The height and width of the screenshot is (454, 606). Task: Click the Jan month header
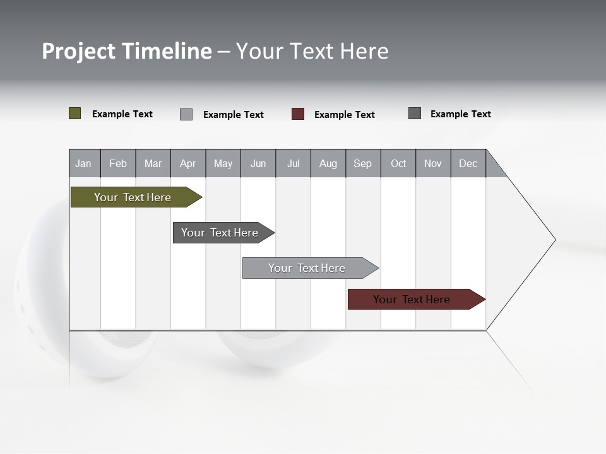click(x=84, y=163)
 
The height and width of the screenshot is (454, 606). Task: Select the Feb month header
click(x=118, y=163)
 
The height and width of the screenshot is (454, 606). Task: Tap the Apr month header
click(x=187, y=163)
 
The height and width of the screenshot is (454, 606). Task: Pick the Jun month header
click(x=258, y=163)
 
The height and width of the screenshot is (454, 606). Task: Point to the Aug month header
click(x=328, y=163)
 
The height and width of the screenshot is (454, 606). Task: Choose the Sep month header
click(x=362, y=163)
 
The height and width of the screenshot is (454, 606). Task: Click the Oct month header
click(x=398, y=163)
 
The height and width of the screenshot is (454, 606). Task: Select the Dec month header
click(x=468, y=163)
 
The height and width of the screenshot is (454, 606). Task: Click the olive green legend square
click(x=75, y=113)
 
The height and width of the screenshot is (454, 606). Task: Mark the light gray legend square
click(x=186, y=114)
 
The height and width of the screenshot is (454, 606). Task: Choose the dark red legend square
click(x=298, y=114)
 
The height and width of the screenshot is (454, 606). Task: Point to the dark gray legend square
click(x=415, y=113)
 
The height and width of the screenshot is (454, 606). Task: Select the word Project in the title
click(x=79, y=51)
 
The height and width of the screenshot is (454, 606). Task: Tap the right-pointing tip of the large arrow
click(x=553, y=240)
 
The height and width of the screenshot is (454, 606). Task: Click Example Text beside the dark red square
click(x=344, y=115)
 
